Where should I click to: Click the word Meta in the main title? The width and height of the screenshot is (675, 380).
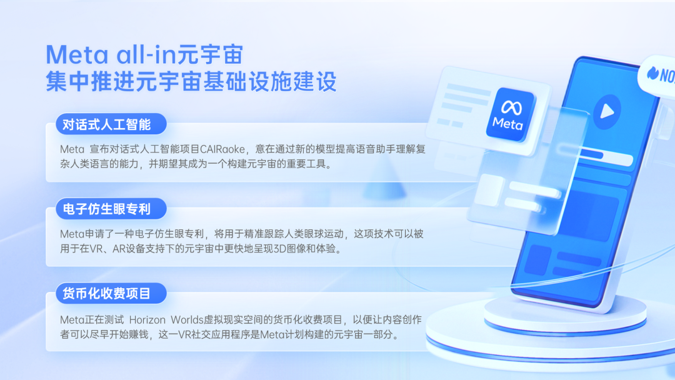[x=77, y=55]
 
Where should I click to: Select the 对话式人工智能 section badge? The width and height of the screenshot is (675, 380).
[x=111, y=124]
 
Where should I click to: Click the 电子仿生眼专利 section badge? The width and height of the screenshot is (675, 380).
[x=111, y=209]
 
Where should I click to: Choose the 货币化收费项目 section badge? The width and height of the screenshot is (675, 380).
[x=111, y=294]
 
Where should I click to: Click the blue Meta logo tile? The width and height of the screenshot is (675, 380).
[x=509, y=114]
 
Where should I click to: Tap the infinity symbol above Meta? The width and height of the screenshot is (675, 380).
[x=511, y=107]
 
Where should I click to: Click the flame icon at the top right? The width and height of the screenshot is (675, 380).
[x=652, y=74]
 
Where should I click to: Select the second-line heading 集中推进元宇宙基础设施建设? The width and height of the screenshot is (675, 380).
[x=191, y=82]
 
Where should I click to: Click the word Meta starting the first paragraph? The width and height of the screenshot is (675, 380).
[x=72, y=149]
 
